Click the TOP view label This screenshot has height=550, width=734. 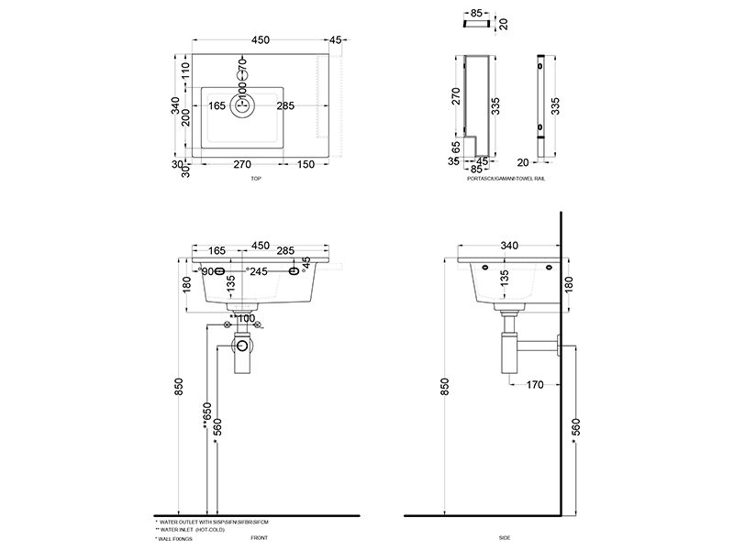[255, 181]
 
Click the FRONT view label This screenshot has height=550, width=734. [259, 538]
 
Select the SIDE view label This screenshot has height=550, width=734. [505, 538]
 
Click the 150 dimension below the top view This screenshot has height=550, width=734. [306, 165]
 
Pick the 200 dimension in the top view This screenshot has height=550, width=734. [185, 119]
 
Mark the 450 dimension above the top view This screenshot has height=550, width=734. [260, 39]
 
